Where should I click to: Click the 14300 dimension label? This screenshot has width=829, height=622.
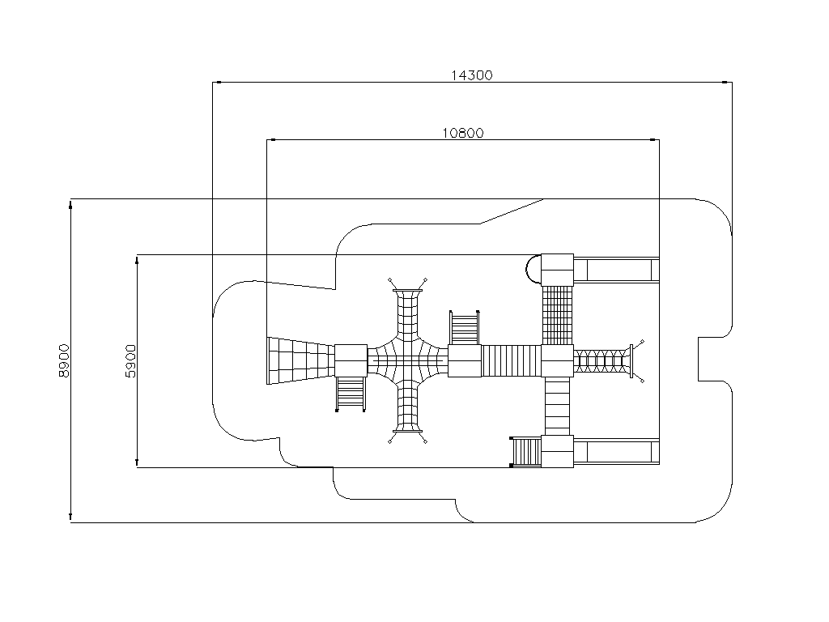point(472,75)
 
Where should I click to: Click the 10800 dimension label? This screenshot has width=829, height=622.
point(462,133)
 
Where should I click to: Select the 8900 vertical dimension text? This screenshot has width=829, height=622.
point(64,360)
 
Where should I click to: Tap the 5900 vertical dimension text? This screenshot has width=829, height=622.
point(130,360)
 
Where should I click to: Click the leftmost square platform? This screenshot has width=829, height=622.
point(351,360)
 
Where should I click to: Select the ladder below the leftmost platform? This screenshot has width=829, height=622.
point(351,394)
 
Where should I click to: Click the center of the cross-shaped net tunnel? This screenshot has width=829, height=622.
point(408,360)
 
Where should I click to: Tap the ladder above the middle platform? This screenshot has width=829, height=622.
point(464,327)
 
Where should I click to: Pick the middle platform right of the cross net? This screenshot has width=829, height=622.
point(465,360)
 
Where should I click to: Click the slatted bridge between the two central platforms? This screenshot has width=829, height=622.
point(512,360)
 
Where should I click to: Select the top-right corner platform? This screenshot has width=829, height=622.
point(557,270)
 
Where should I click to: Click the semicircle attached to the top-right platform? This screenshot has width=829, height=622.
point(533,270)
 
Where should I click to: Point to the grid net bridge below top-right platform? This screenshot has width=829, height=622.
point(557,315)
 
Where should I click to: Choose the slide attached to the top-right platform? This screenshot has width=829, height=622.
point(616,270)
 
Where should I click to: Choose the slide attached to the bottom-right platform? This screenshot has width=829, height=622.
point(616,452)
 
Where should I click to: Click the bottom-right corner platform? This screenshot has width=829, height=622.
point(557,452)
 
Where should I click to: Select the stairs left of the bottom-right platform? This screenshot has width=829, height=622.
point(525,452)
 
